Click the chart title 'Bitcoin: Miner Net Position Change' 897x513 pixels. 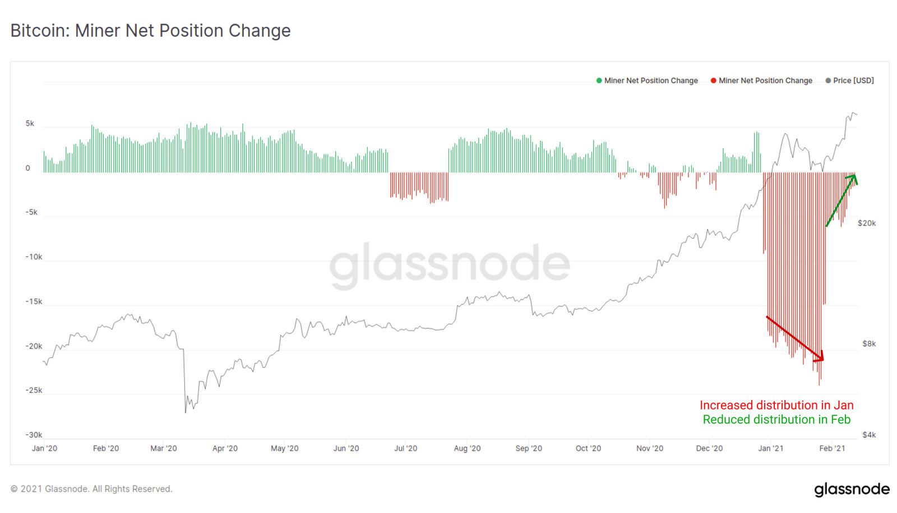tap(150, 30)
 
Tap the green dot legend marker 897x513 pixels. tap(599, 81)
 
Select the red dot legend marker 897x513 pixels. tap(713, 81)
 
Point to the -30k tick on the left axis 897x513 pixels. tap(34, 435)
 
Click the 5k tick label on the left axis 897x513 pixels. tap(30, 123)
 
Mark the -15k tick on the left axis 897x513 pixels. tap(34, 301)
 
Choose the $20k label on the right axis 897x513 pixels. tap(866, 223)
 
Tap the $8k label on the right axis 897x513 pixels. tap(868, 343)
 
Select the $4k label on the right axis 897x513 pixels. tap(868, 435)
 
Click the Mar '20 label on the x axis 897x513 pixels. tap(163, 448)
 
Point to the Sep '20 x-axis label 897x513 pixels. tap(529, 448)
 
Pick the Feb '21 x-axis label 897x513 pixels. tap(832, 448)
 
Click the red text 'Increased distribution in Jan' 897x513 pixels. tap(776, 405)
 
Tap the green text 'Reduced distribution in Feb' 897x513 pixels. tap(776, 420)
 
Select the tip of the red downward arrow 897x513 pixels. tap(824, 360)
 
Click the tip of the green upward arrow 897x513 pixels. tap(855, 176)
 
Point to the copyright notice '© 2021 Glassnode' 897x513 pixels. tap(91, 489)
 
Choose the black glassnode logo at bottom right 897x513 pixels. tap(852, 489)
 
